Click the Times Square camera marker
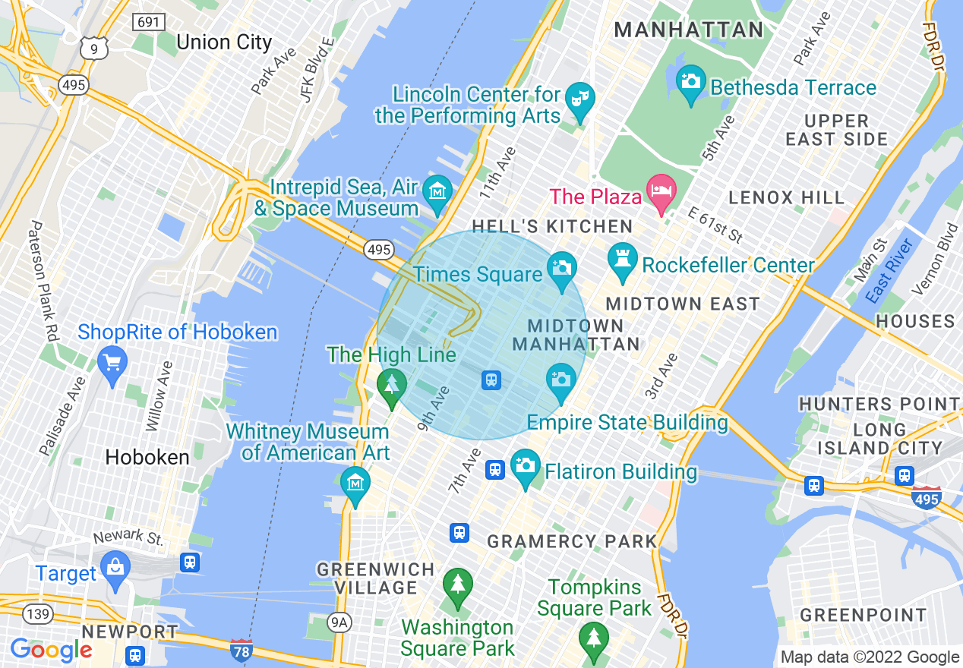[x=561, y=269]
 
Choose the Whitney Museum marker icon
[x=355, y=483]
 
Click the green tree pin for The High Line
[x=391, y=385]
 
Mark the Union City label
[x=223, y=42]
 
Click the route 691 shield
[x=148, y=21]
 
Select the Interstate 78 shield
[x=241, y=650]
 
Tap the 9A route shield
[x=339, y=622]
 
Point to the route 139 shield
[x=36, y=612]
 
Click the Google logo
[x=51, y=650]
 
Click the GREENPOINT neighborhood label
[x=863, y=614]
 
